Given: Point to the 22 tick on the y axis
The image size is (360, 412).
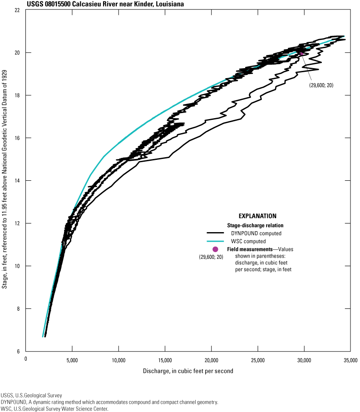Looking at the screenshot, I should (x=18, y=10).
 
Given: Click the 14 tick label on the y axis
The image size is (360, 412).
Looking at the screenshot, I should (x=18, y=181).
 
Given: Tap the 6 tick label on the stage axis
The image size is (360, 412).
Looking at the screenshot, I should (x=19, y=352).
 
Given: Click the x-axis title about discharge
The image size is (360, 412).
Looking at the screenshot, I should (x=188, y=371).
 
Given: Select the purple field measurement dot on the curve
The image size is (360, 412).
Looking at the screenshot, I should (x=301, y=54).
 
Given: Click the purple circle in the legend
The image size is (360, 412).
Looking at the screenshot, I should (x=215, y=249).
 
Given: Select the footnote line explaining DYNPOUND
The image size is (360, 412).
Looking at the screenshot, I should (x=109, y=402).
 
